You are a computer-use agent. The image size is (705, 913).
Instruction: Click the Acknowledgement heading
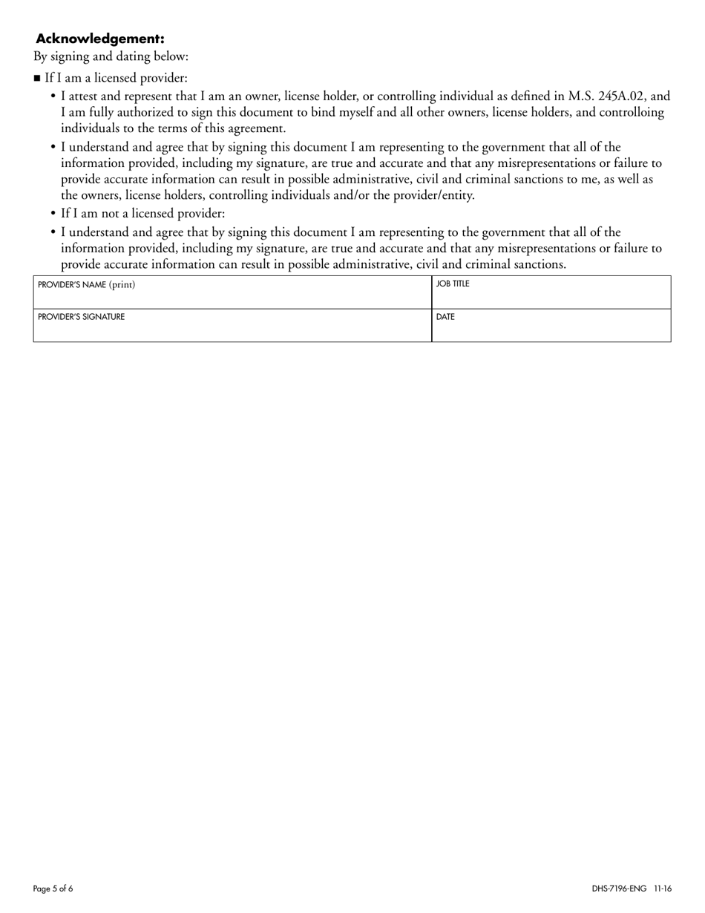click(x=100, y=39)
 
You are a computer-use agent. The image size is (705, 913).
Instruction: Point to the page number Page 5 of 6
click(x=53, y=889)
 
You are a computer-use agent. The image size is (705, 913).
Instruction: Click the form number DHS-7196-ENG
click(x=619, y=889)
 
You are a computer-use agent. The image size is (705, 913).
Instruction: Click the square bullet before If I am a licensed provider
click(x=37, y=78)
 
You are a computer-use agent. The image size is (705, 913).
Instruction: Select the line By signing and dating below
click(x=111, y=56)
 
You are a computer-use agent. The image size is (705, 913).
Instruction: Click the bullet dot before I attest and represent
click(x=53, y=96)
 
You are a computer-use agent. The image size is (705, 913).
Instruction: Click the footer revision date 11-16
click(x=663, y=889)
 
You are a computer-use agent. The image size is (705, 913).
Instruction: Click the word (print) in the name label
click(x=122, y=284)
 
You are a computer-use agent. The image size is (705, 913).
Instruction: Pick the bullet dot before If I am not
click(x=53, y=214)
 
